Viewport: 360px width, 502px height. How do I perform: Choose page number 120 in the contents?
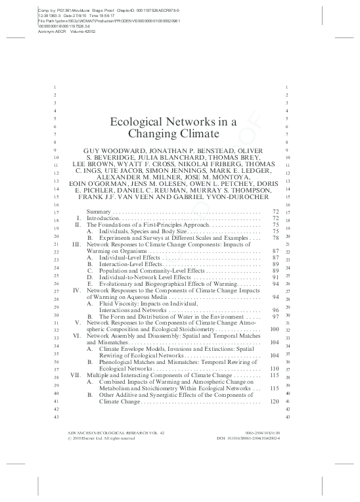coord(275,401)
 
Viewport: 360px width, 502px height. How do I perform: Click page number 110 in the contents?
coord(275,369)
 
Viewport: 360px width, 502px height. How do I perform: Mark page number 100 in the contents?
coord(275,329)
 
